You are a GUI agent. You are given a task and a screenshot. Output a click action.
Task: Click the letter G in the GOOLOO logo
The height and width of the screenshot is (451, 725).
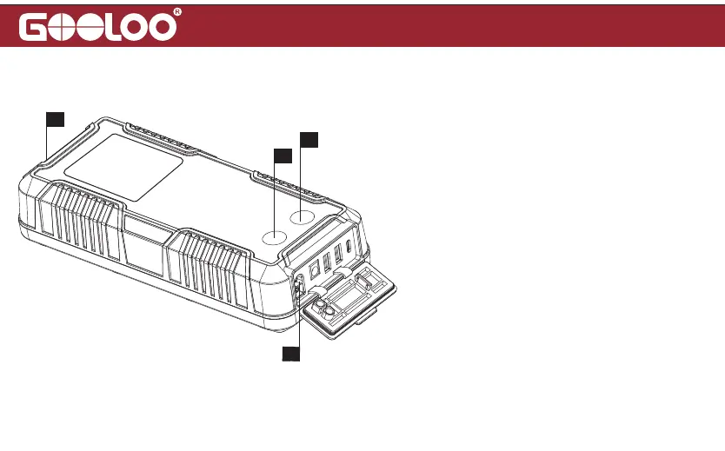(x=39, y=27)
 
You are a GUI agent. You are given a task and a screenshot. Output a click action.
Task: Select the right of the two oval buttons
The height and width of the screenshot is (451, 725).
(x=303, y=217)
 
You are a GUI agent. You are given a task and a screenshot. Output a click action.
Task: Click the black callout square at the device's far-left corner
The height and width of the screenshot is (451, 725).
(x=55, y=118)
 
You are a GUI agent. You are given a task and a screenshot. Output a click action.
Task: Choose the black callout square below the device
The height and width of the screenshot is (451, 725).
(x=290, y=353)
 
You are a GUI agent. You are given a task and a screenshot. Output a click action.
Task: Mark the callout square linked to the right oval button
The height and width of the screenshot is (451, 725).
(x=309, y=139)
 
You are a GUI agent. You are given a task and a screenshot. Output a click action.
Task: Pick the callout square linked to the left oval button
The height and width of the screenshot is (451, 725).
(x=283, y=156)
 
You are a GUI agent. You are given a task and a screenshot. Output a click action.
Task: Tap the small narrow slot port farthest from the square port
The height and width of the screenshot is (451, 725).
(x=351, y=248)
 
